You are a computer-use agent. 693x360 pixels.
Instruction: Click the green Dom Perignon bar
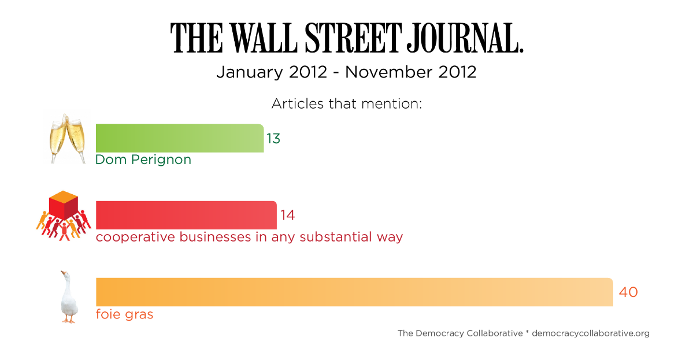179,138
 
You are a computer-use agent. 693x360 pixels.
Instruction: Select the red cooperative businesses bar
186,215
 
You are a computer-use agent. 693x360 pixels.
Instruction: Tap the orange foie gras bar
354,292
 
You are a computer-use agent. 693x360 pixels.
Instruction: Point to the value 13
273,139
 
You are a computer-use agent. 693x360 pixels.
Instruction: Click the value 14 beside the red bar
287,216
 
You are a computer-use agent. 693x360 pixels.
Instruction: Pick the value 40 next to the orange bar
628,292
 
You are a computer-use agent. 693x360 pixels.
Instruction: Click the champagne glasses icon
68,138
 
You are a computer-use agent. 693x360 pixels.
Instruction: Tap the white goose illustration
69,296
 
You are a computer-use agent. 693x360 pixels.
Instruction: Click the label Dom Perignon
143,159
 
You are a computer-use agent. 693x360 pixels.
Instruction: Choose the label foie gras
124,314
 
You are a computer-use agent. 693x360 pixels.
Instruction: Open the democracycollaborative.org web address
590,333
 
